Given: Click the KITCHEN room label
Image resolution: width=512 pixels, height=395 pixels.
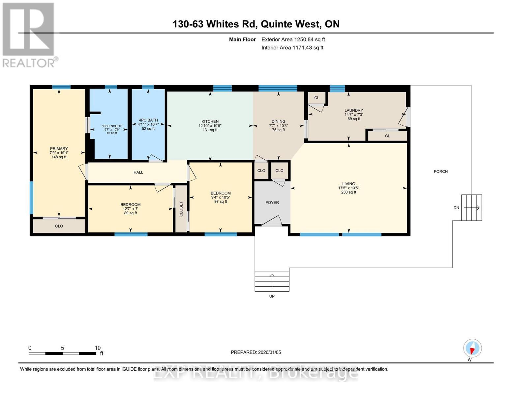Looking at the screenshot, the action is click(x=210, y=121).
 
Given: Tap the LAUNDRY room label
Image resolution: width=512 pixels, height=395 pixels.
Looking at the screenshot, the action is click(x=354, y=110).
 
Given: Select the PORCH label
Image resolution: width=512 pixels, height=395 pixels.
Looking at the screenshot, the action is click(x=440, y=171).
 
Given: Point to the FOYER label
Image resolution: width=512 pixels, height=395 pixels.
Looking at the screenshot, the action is click(x=272, y=202).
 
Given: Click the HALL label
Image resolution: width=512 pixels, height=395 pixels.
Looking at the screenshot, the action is click(x=138, y=172).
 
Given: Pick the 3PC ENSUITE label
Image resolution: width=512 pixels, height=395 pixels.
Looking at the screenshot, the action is click(x=112, y=126).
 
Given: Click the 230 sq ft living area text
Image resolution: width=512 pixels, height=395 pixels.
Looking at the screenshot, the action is click(x=349, y=192).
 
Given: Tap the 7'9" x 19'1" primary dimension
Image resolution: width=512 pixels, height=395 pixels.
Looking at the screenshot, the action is click(x=59, y=153).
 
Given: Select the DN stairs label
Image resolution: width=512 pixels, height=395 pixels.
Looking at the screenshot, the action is click(x=456, y=208).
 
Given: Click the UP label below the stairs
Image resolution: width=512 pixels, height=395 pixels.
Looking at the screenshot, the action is click(x=272, y=296).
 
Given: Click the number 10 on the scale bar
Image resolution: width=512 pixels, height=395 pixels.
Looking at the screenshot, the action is click(x=98, y=348).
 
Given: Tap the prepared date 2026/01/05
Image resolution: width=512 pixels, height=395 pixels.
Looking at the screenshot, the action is click(x=270, y=352).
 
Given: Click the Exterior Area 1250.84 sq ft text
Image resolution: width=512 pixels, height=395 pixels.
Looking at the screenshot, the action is click(x=293, y=39).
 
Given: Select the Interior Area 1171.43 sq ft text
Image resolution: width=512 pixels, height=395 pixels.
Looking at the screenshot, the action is click(x=292, y=48).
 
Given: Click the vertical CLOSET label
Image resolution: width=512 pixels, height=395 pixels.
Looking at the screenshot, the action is click(x=181, y=209).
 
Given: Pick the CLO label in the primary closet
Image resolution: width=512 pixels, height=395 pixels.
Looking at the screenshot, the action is click(x=59, y=226).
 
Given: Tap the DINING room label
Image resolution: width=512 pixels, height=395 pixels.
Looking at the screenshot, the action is click(x=278, y=121).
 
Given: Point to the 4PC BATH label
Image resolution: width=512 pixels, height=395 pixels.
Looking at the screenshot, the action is click(x=148, y=120).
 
